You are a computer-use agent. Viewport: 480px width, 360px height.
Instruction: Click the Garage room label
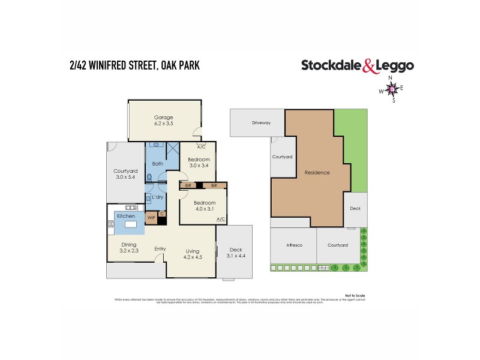coord(163,117)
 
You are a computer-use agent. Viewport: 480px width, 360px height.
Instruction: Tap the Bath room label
coord(158,163)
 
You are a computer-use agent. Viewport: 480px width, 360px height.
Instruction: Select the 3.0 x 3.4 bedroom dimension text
coord(198,166)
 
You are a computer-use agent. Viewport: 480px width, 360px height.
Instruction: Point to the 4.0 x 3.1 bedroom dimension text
coord(204,209)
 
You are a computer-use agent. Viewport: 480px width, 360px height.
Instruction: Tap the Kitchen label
coord(126,215)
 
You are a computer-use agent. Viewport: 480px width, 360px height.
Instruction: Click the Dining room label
coord(129,244)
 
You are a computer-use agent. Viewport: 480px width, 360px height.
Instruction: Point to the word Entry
coord(160,249)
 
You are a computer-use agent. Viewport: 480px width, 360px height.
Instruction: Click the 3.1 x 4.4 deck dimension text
coord(235,256)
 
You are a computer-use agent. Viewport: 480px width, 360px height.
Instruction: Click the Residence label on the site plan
coord(317,172)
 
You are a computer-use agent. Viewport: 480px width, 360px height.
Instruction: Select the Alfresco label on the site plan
coord(293,245)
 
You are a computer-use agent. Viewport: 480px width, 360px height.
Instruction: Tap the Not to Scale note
coord(356,295)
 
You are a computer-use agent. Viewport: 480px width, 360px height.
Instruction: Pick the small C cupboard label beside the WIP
coord(162,214)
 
